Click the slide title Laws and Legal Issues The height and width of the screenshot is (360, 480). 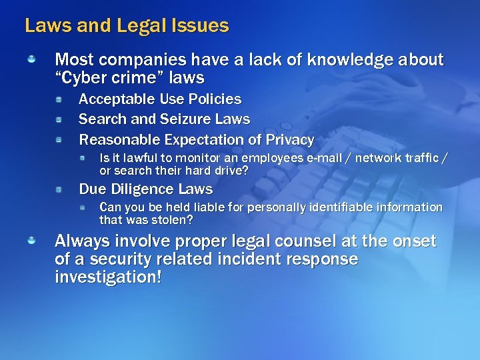pos(127,26)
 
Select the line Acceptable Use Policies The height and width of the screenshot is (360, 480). pos(160,99)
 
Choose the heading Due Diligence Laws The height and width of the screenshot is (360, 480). pos(146,189)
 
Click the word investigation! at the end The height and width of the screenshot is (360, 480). pos(108,277)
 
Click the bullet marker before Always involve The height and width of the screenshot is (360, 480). pos(31,240)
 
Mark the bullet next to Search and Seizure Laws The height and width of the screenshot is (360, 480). pos(59,120)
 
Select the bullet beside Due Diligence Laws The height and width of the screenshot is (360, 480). pos(59,190)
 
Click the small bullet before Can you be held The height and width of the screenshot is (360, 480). pos(83,208)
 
